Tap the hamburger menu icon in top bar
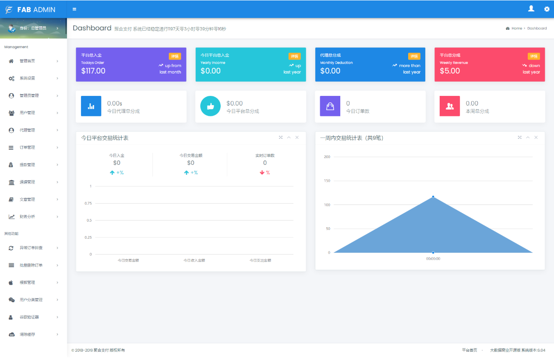74,9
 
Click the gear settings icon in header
547,9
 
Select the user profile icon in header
531,8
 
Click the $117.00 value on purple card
93,71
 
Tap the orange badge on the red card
533,56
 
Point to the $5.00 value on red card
450,71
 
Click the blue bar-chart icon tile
91,106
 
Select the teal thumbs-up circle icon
210,106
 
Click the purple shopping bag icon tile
330,106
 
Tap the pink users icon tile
450,106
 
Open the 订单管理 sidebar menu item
27,148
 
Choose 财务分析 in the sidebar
27,217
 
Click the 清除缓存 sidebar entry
27,335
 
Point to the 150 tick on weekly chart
327,181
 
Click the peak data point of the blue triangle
433,197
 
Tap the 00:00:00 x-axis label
433,259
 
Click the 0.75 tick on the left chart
88,203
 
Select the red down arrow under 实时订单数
262,173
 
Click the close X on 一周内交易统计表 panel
536,138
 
